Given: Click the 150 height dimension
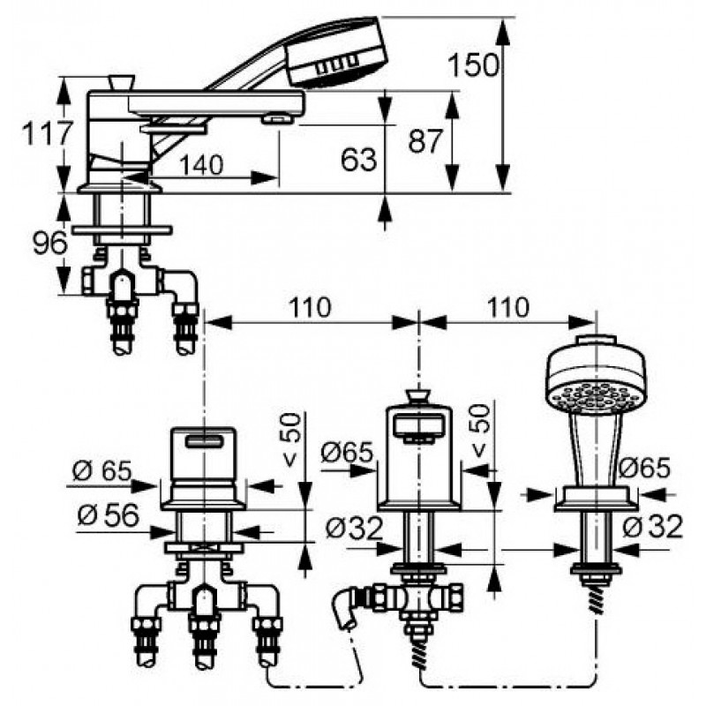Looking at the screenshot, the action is click(474, 65).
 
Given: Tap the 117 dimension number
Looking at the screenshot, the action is click(48, 134).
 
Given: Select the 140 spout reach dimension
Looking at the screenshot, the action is click(201, 165).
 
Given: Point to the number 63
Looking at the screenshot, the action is click(358, 160).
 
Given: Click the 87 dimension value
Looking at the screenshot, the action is click(425, 141).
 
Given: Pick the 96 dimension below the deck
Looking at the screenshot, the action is click(50, 244).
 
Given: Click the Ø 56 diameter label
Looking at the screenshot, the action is click(108, 514).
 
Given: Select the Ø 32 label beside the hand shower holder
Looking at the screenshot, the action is click(653, 526).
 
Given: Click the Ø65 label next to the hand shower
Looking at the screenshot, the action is click(645, 468).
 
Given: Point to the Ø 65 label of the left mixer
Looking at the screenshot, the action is click(101, 471).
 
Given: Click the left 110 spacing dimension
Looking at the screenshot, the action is click(310, 307).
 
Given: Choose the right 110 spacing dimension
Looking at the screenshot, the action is click(507, 307).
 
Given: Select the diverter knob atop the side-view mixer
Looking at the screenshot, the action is click(122, 82).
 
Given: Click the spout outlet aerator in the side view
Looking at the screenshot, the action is click(276, 119).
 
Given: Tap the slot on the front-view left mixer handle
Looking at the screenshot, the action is click(205, 442).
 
